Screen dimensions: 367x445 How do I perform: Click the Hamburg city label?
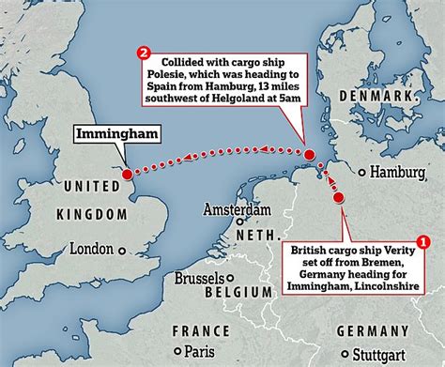pyautogui.click(x=399, y=173)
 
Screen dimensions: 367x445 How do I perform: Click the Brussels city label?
pyautogui.click(x=198, y=280)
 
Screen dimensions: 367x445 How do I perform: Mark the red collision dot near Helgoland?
pyautogui.click(x=309, y=154)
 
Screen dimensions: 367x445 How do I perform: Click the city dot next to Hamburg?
pyautogui.click(x=361, y=172)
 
